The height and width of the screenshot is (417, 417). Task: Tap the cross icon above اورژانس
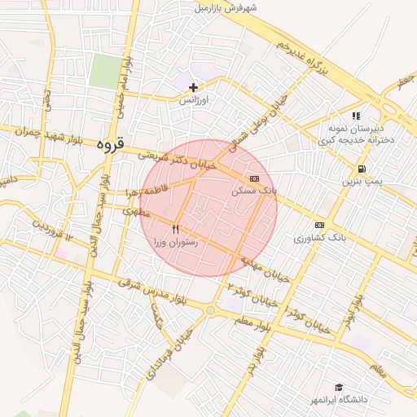click(193, 86)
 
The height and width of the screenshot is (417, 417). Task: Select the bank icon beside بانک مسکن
click(255, 177)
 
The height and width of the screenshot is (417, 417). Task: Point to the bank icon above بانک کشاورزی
click(318, 225)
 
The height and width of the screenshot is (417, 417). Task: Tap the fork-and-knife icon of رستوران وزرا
click(175, 230)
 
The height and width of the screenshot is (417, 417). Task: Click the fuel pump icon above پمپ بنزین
click(359, 169)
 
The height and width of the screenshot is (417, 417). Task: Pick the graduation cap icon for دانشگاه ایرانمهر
click(339, 387)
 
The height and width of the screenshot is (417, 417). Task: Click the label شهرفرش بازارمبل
click(226, 8)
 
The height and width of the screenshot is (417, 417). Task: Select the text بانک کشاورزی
click(320, 239)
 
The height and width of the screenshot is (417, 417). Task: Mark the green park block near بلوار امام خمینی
click(104, 71)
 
